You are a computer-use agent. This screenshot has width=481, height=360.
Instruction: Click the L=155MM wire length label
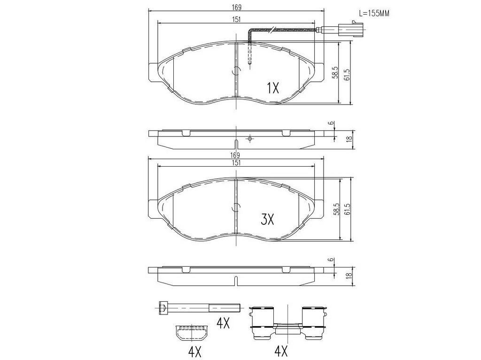pos(374,13)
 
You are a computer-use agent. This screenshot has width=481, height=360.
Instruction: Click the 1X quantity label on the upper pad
pos(272,88)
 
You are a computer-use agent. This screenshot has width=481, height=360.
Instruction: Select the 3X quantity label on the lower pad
pos(267,219)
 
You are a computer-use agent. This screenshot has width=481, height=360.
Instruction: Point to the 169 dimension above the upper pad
pos(236,7)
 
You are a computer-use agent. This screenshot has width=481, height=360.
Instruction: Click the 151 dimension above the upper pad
pos(236,20)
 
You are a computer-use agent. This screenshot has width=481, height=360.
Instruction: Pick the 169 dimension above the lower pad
pos(236,155)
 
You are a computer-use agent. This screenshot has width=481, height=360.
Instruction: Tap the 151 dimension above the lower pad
pos(236,163)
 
